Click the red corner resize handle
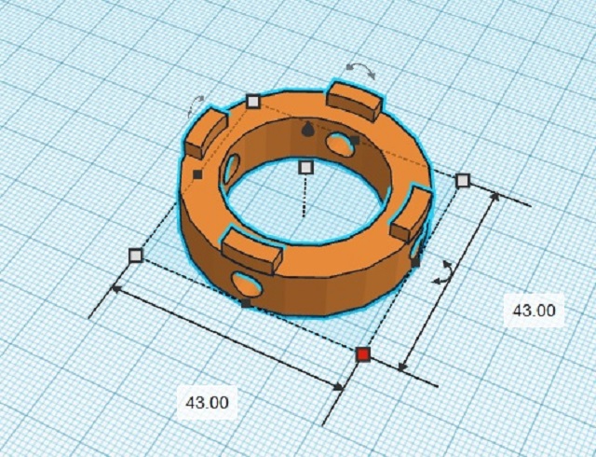tap(363, 353)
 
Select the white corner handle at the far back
tap(252, 102)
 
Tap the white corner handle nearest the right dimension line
tap(463, 180)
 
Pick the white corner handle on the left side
tap(136, 255)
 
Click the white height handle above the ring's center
tap(305, 167)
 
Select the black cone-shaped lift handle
tap(309, 129)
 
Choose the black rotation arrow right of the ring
tap(446, 271)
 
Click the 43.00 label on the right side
tap(533, 311)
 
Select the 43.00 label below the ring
tap(207, 403)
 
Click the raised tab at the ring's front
tap(251, 250)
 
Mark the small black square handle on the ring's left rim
tap(197, 173)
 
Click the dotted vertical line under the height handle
tap(305, 196)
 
